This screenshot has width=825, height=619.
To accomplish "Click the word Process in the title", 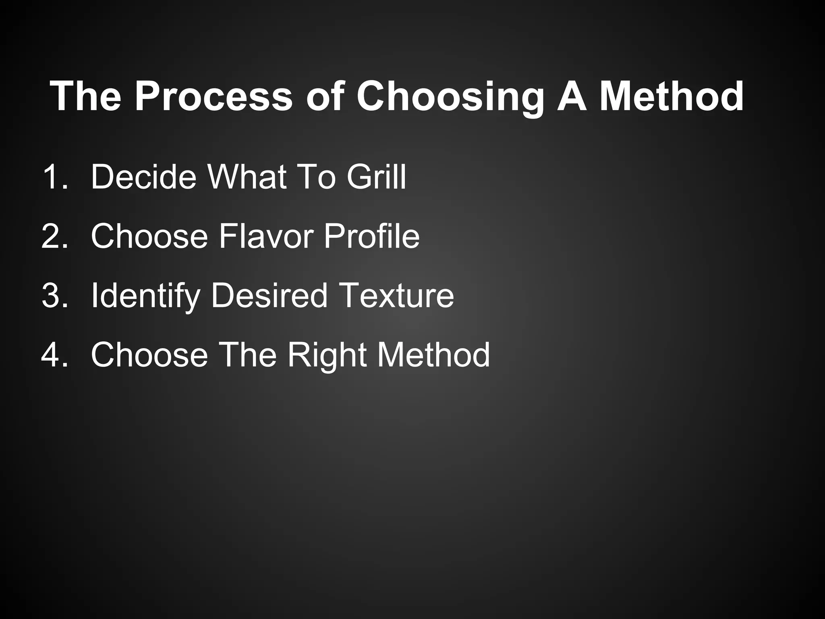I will (214, 96).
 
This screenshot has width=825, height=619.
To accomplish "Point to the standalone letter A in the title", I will (572, 96).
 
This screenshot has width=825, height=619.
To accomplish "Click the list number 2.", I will (54, 236).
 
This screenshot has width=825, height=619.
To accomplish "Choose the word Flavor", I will (266, 236).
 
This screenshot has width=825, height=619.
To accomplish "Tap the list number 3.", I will (54, 295).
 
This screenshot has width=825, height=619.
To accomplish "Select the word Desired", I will (269, 295).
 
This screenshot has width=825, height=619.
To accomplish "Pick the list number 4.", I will (54, 355).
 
